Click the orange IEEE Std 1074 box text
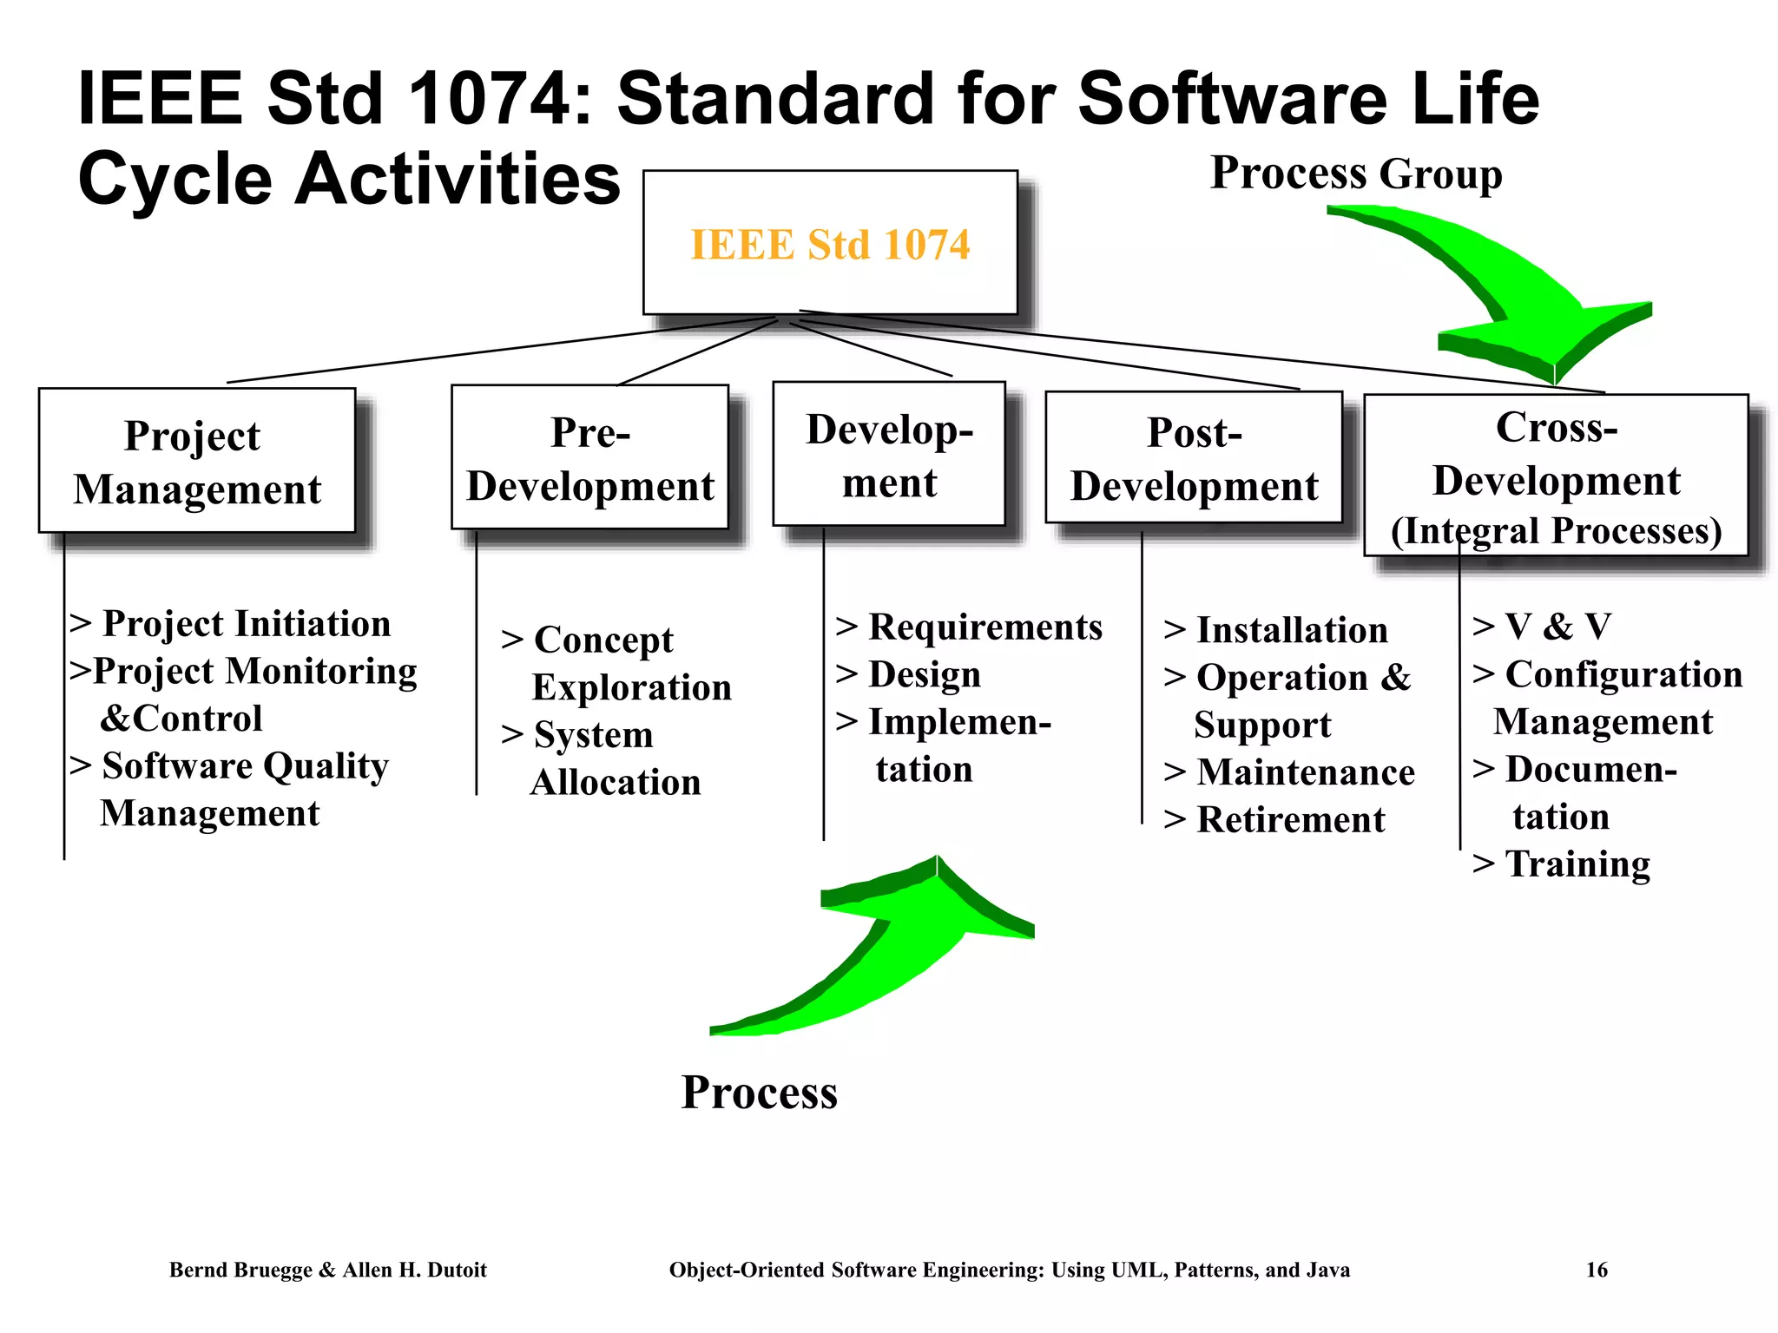click(x=829, y=245)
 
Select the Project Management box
click(x=197, y=461)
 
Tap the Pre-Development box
click(x=589, y=458)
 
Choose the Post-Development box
click(x=1194, y=458)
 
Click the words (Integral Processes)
click(x=1556, y=531)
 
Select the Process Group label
click(x=1356, y=173)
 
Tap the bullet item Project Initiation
click(x=246, y=623)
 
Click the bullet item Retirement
click(x=1290, y=819)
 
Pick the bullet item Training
click(x=1577, y=863)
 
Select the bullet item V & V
click(x=1557, y=626)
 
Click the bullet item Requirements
click(x=984, y=627)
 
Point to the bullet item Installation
click(x=1291, y=630)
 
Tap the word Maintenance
click(x=1305, y=772)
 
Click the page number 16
click(x=1597, y=1270)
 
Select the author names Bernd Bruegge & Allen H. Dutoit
click(x=327, y=1270)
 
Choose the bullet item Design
click(x=924, y=674)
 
